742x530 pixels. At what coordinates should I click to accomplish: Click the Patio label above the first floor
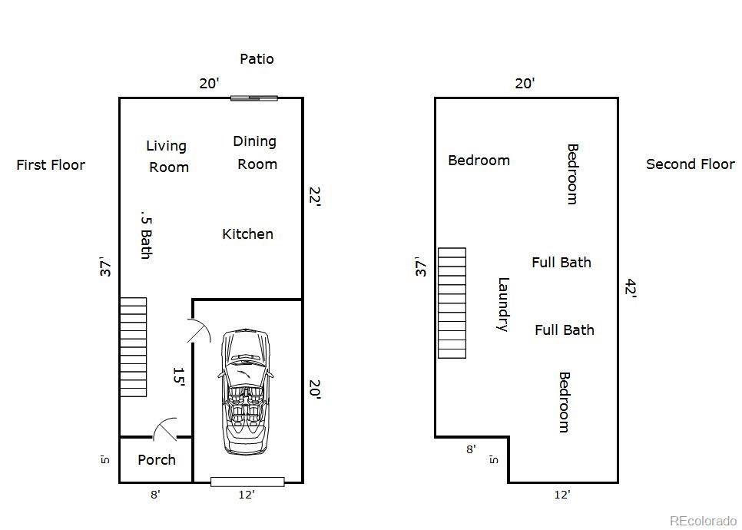pyautogui.click(x=257, y=59)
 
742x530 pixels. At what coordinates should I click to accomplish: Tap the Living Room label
pyautogui.click(x=167, y=156)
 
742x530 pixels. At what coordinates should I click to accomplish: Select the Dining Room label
pyautogui.click(x=256, y=152)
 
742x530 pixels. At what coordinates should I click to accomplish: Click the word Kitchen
pyautogui.click(x=247, y=234)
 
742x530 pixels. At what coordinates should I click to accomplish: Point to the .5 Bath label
pyautogui.click(x=145, y=234)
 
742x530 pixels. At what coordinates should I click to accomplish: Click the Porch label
pyautogui.click(x=157, y=460)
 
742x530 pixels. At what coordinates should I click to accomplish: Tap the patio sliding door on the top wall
pyautogui.click(x=254, y=98)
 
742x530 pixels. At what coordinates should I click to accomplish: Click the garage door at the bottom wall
pyautogui.click(x=247, y=482)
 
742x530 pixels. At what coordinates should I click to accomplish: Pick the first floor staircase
pyautogui.click(x=133, y=347)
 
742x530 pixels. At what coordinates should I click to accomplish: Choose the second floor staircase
pyautogui.click(x=452, y=303)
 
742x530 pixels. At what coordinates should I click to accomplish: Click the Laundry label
pyautogui.click(x=503, y=304)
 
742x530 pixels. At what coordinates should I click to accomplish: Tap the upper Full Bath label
pyautogui.click(x=561, y=263)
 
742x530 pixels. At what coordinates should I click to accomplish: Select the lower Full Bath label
pyautogui.click(x=565, y=330)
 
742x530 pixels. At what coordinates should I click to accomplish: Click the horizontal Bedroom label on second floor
pyautogui.click(x=479, y=161)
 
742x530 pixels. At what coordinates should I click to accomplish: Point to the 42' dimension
pyautogui.click(x=631, y=289)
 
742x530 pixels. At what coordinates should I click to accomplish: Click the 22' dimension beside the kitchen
pyautogui.click(x=314, y=197)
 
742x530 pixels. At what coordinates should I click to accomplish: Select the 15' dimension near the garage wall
pyautogui.click(x=179, y=376)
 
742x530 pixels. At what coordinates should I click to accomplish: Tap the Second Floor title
pyautogui.click(x=690, y=164)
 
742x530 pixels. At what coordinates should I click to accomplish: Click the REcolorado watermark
pyautogui.click(x=702, y=521)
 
